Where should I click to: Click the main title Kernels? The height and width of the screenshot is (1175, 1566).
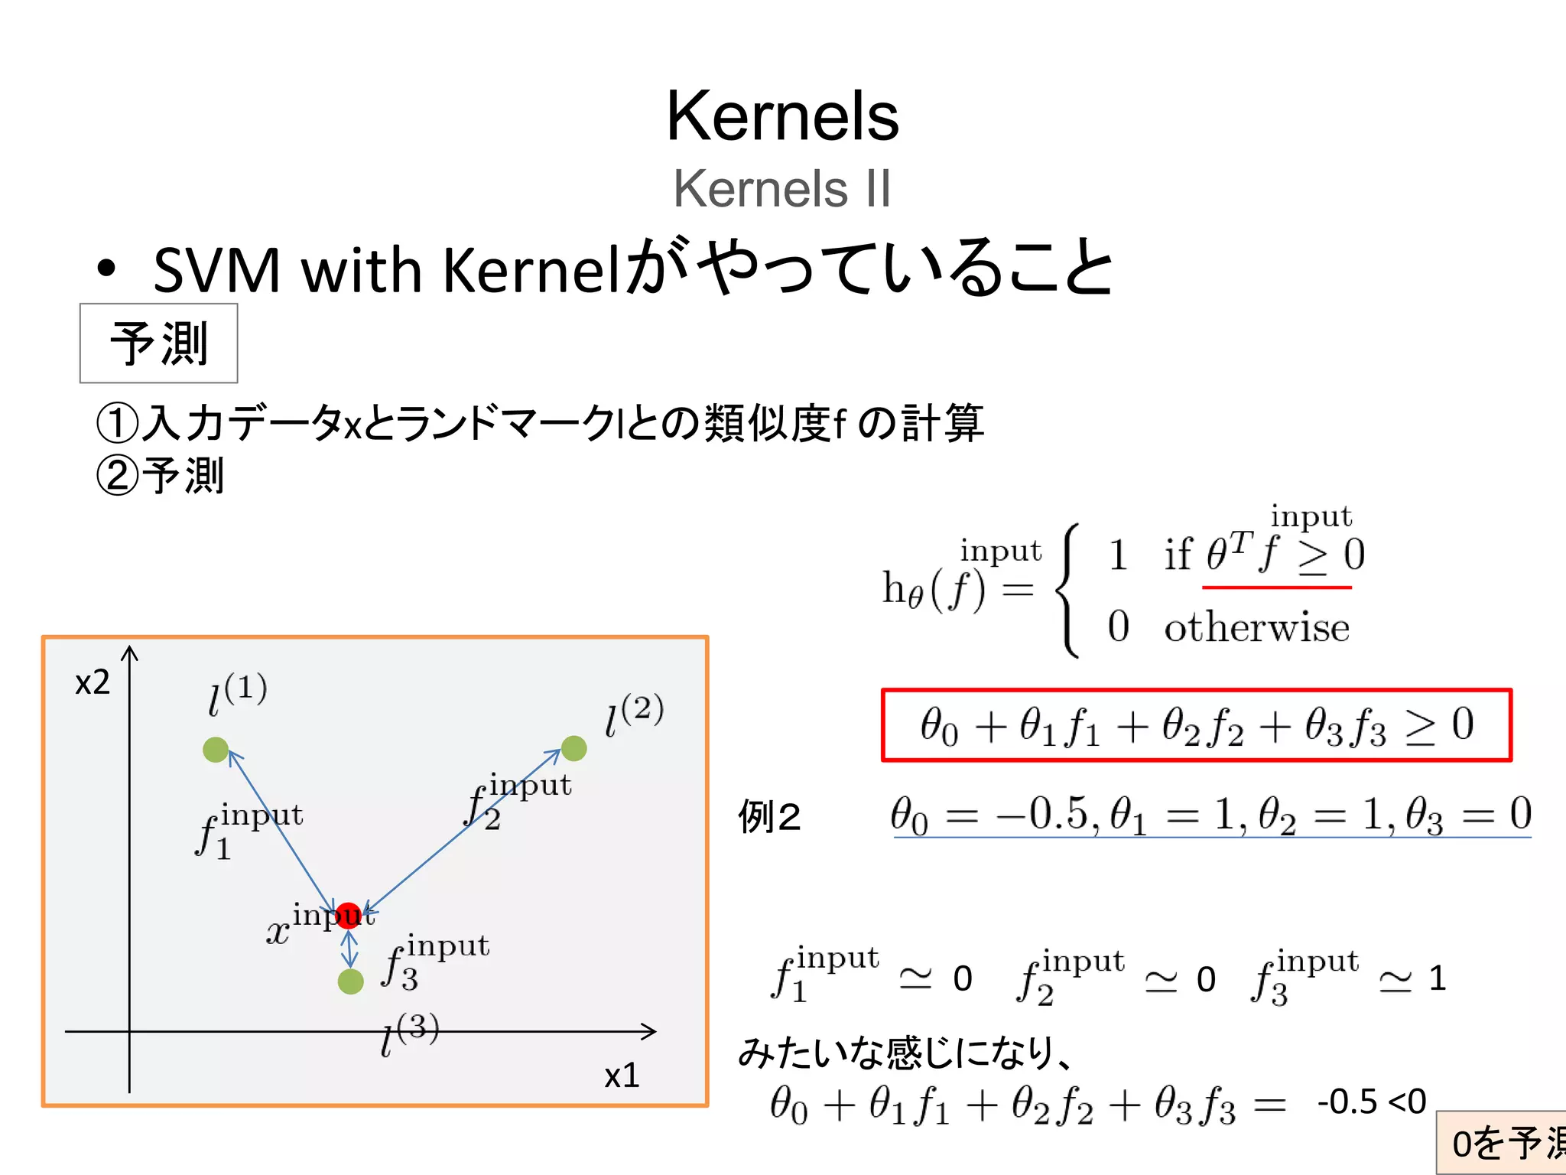click(x=782, y=116)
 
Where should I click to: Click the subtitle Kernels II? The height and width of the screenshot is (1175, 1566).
click(x=782, y=188)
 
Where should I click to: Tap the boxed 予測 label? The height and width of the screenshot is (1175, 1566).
click(x=159, y=343)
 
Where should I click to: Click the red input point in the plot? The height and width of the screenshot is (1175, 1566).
click(x=349, y=915)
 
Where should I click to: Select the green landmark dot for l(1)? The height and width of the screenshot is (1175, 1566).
click(x=216, y=750)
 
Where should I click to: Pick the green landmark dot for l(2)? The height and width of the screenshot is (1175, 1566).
click(x=573, y=748)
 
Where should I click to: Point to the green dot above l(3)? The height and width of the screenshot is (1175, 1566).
click(x=350, y=981)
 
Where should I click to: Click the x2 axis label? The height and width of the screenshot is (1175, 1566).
click(x=93, y=682)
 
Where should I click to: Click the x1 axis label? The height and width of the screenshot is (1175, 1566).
click(x=621, y=1076)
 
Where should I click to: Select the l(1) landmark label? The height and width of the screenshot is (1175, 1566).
click(x=237, y=693)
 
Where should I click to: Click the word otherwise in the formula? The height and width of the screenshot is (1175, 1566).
click(x=1256, y=628)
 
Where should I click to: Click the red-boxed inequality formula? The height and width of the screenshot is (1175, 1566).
click(x=1197, y=725)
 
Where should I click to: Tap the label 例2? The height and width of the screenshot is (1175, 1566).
click(x=768, y=817)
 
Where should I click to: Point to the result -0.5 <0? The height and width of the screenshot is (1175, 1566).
click(x=1371, y=1102)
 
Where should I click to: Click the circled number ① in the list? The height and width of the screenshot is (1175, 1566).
click(x=117, y=423)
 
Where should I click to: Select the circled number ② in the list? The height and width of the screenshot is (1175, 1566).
click(x=117, y=476)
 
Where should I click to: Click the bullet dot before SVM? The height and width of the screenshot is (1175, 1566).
click(x=106, y=269)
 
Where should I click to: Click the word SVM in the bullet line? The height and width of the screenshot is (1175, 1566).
click(x=217, y=270)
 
